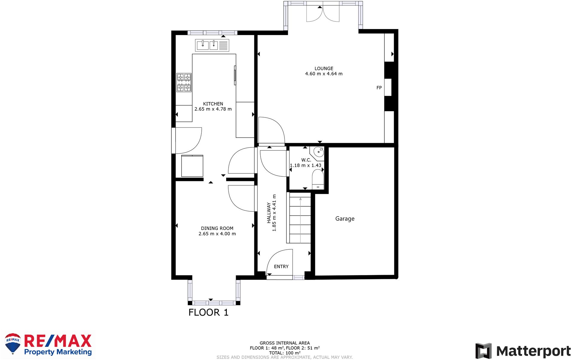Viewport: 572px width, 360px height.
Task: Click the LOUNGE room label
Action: coord(323,68)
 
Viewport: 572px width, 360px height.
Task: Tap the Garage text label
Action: coord(345,219)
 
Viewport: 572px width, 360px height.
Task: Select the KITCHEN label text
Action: coord(213,104)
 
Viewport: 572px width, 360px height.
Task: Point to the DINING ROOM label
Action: coord(217,228)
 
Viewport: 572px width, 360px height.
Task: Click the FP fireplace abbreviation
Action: coord(379,88)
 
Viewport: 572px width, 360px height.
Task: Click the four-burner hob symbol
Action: coord(184,83)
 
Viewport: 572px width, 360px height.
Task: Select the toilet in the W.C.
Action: coord(318,179)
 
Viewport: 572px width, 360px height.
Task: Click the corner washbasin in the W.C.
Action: coord(318,152)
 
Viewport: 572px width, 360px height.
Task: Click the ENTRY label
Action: coord(281,266)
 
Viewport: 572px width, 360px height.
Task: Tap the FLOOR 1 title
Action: coord(208,312)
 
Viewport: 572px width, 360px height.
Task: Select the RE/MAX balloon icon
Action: coord(13,343)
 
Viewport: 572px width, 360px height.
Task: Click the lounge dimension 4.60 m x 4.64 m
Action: coord(323,74)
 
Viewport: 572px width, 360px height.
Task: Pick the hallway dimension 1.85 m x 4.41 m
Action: coord(274,213)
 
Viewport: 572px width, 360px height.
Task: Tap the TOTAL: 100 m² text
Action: coord(285,353)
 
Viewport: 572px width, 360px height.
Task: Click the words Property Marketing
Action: coord(58,352)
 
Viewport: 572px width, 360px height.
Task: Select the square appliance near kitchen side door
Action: coord(192,166)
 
